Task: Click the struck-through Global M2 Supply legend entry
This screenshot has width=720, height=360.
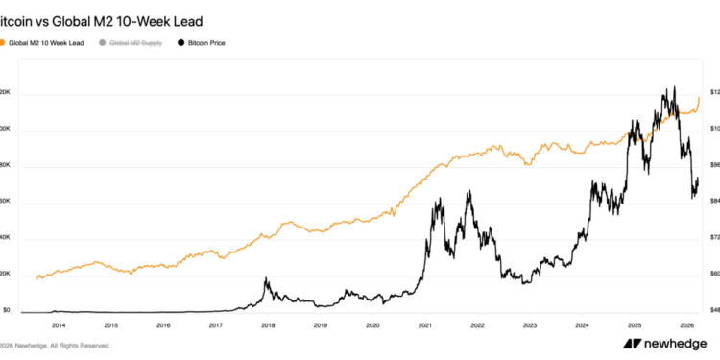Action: tap(135, 44)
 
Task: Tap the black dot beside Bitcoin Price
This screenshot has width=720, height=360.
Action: tap(183, 44)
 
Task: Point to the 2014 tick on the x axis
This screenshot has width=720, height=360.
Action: tap(59, 326)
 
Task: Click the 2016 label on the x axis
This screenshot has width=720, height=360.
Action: tap(163, 326)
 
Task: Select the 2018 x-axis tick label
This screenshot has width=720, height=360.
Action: tap(268, 326)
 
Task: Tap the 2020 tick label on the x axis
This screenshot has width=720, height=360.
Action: tap(372, 326)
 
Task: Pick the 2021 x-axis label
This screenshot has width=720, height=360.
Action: tap(424, 326)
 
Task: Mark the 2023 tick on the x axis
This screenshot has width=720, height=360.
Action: tap(529, 326)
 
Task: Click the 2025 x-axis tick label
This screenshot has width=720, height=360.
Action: tap(634, 326)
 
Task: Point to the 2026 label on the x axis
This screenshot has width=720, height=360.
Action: tap(686, 326)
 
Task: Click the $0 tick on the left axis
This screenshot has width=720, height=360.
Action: tap(6, 310)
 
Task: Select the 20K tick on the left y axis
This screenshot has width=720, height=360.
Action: tap(6, 274)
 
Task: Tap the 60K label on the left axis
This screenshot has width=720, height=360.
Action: tap(6, 202)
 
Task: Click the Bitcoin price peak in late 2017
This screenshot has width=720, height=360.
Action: tap(266, 279)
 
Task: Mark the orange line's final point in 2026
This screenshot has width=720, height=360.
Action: tap(700, 97)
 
